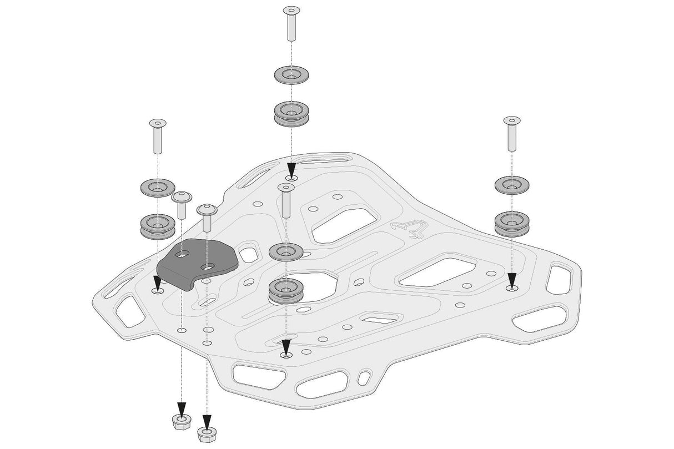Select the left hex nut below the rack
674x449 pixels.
tap(180, 423)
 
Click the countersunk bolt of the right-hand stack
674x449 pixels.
tap(511, 134)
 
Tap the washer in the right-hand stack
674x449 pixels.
tap(511, 185)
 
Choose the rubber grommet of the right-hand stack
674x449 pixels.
tap(511, 223)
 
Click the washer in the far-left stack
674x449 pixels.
tap(157, 188)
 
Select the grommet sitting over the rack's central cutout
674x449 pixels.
tap(285, 290)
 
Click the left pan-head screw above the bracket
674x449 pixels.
tap(182, 205)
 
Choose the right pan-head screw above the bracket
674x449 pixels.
tap(207, 216)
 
